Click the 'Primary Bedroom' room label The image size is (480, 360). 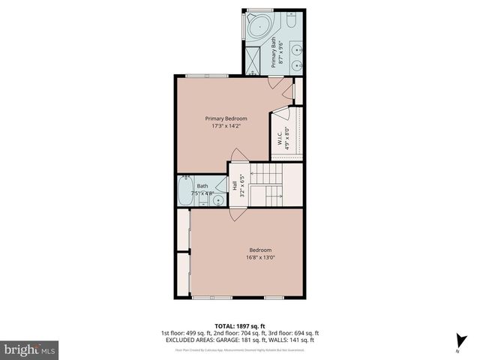tap(226, 118)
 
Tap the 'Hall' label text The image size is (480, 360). tap(234, 183)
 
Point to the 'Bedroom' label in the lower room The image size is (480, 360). tap(260, 250)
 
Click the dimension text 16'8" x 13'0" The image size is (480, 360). tap(260, 258)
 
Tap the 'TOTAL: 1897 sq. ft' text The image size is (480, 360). tap(239, 325)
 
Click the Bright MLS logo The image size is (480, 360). tap(29, 349)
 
